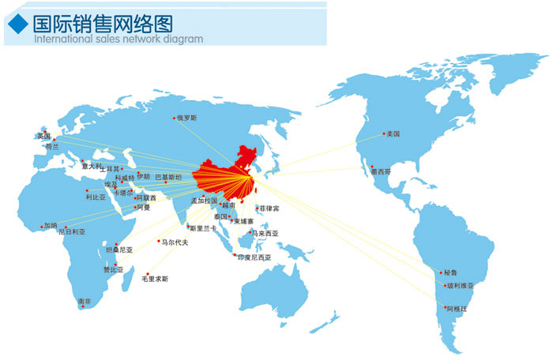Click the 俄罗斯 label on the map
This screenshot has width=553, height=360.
coord(186,118)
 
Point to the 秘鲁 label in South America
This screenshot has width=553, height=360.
coord(452,272)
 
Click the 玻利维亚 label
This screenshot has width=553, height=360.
coord(461,286)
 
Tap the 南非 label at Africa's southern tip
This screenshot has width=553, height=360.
coord(85,302)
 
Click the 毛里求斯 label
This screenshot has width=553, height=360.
coord(155,279)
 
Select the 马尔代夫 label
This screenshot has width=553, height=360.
coord(175,242)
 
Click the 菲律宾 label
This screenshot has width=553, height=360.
coord(269,208)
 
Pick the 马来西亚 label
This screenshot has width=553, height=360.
coord(265,234)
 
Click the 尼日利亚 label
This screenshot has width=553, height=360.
coord(71,232)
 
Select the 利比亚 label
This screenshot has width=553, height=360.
coord(96,197)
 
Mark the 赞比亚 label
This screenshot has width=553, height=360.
coord(114,269)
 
